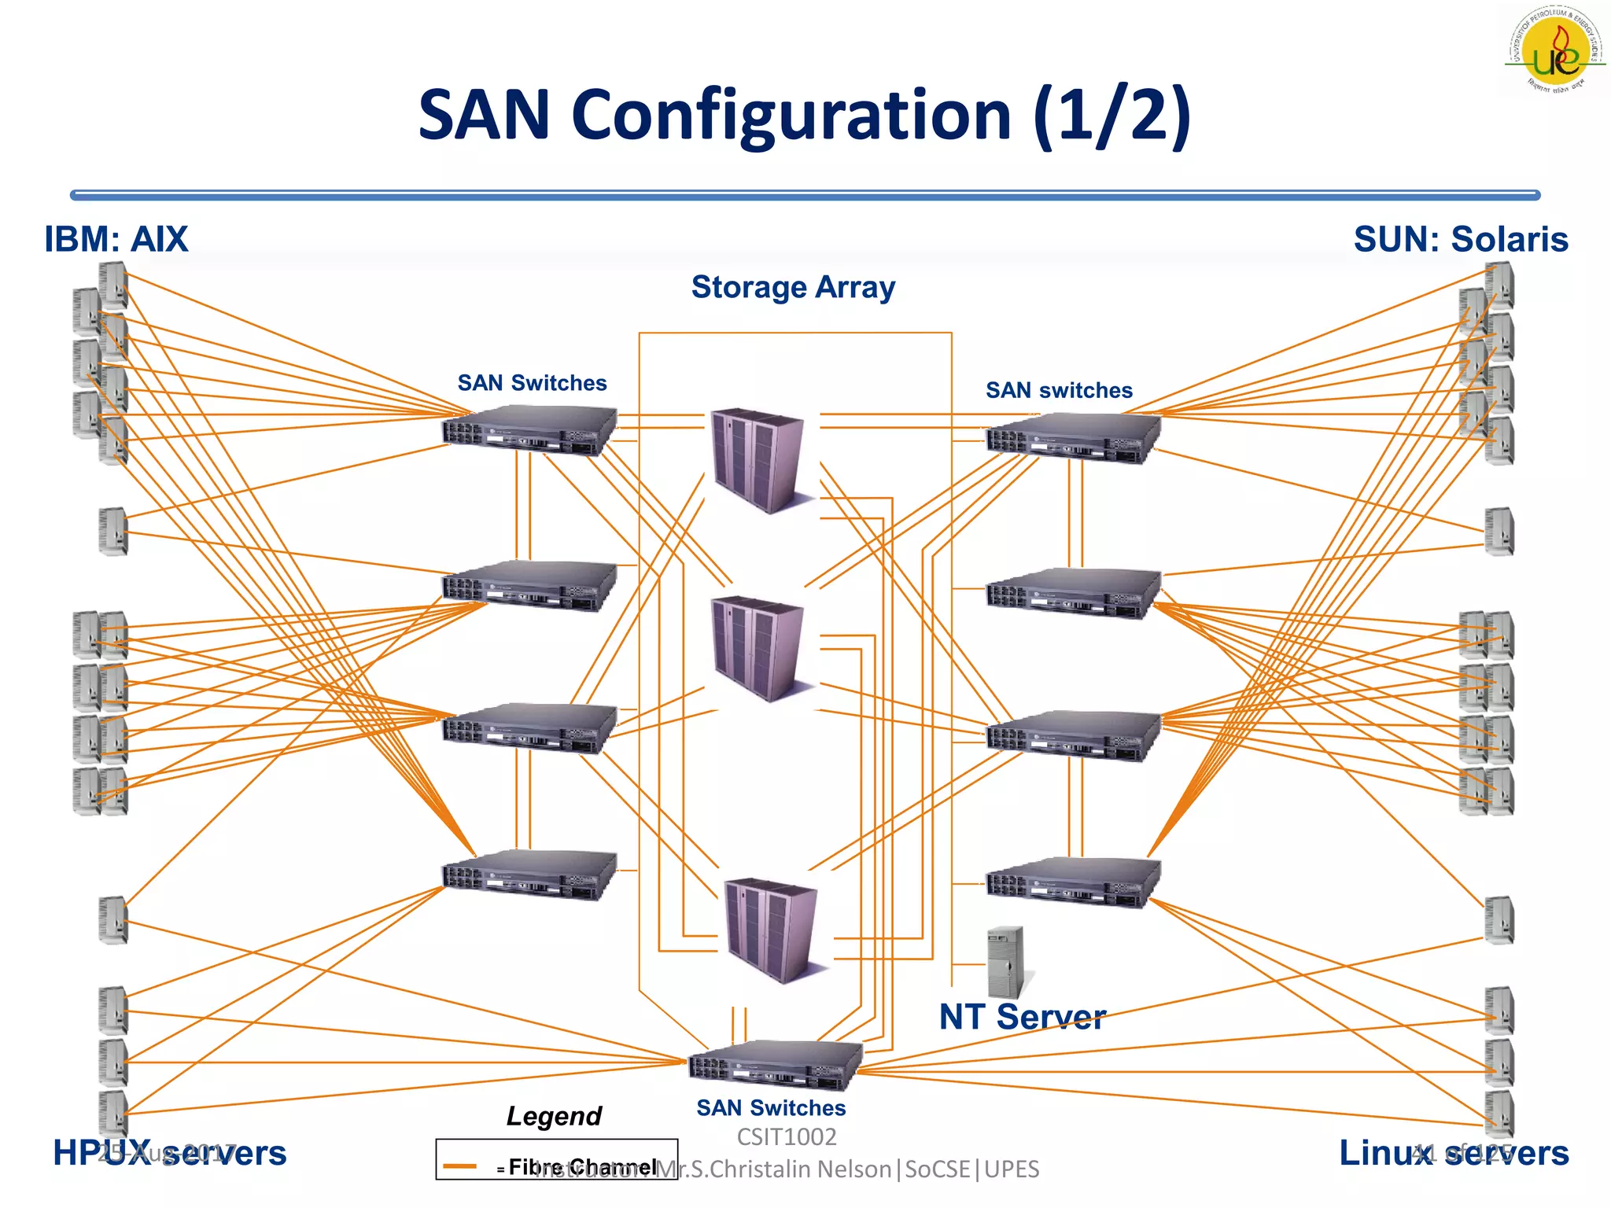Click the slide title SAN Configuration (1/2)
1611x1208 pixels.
[x=804, y=116]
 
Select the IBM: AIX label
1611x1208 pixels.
[x=116, y=239]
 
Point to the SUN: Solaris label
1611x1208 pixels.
[x=1461, y=239]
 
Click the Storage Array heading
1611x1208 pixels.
[x=793, y=287]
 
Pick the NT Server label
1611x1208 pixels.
[x=1022, y=1017]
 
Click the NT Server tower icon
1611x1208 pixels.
[x=1005, y=962]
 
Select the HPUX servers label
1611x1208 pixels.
[x=169, y=1153]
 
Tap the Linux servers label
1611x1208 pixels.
[x=1454, y=1153]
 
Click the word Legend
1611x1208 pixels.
[x=554, y=1116]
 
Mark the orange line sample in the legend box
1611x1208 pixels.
[x=460, y=1166]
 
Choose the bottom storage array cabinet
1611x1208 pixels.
[x=772, y=930]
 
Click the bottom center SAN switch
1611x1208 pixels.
[x=775, y=1066]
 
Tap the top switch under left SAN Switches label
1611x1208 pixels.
[x=529, y=430]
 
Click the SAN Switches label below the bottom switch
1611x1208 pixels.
[x=771, y=1108]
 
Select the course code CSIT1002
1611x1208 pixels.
[x=787, y=1137]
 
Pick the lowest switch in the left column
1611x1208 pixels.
[x=529, y=875]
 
